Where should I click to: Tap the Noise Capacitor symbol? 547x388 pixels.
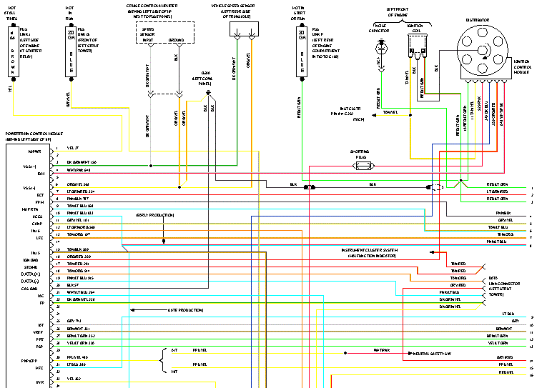380,46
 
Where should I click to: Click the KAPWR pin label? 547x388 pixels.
36,151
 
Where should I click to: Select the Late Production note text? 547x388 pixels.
186,310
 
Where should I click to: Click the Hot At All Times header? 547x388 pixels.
12,14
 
